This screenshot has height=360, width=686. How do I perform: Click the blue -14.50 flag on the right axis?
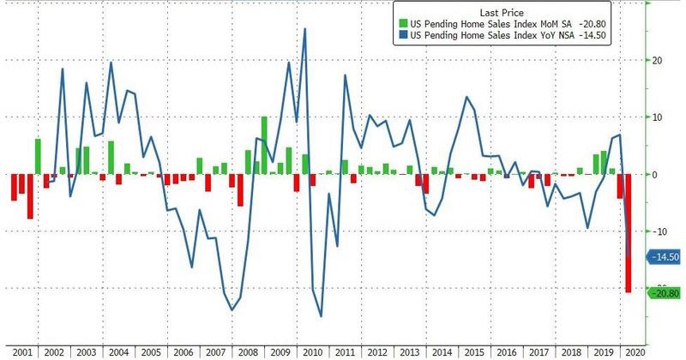(x=665, y=256)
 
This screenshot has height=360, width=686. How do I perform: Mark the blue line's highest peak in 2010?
(x=305, y=29)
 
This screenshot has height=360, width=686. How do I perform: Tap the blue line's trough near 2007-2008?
(x=232, y=309)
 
